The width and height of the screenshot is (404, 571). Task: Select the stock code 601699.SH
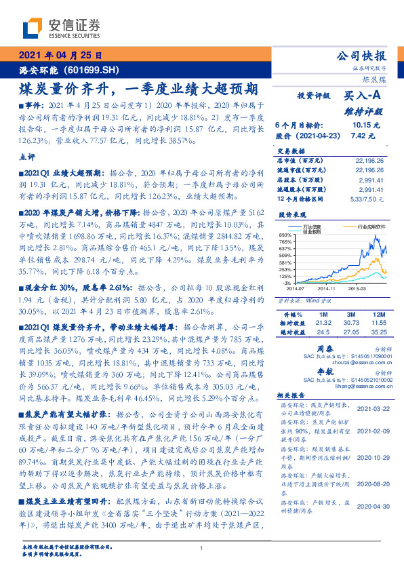click(96, 69)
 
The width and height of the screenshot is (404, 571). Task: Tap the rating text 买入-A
click(363, 97)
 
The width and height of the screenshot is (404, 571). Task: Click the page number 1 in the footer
click(202, 548)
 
